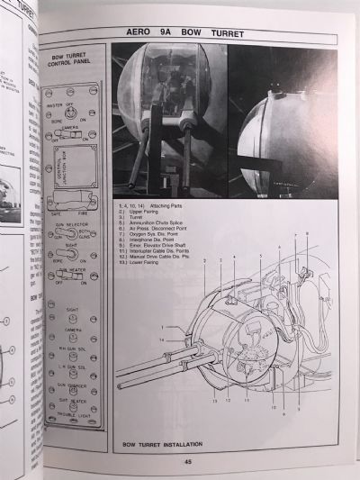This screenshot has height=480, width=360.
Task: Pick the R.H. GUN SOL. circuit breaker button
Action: pyautogui.click(x=75, y=355)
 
